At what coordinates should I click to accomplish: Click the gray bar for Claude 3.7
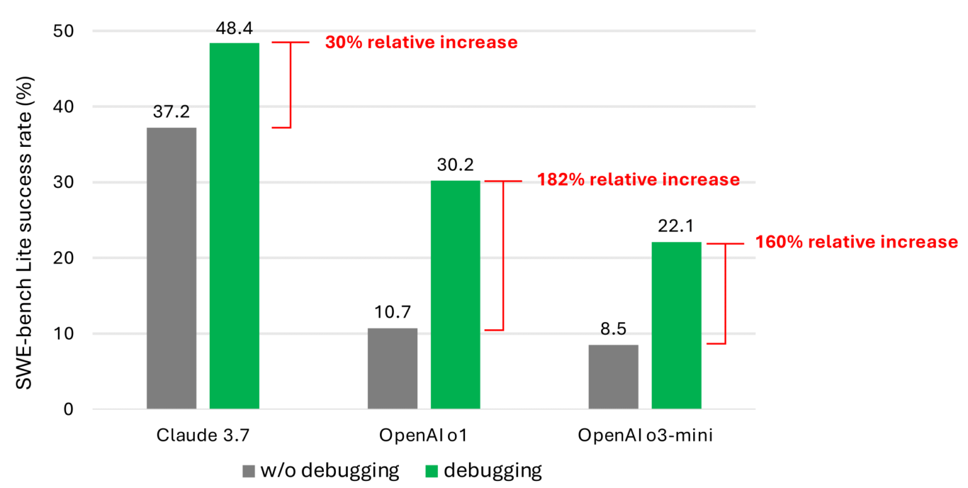[171, 268]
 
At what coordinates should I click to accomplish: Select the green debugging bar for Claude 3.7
[234, 226]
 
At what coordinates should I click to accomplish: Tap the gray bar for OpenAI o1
[392, 368]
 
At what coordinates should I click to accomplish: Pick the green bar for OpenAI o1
[455, 294]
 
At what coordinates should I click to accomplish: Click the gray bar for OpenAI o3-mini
[613, 376]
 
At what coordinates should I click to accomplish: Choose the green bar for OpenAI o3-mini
[676, 325]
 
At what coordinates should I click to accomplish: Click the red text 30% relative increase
[420, 43]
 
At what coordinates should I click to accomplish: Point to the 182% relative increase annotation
[638, 180]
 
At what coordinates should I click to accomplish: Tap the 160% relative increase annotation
[856, 241]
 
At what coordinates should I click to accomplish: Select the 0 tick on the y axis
[69, 410]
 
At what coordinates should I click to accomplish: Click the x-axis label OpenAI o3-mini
[645, 436]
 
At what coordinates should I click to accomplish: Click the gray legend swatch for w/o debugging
[248, 470]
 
